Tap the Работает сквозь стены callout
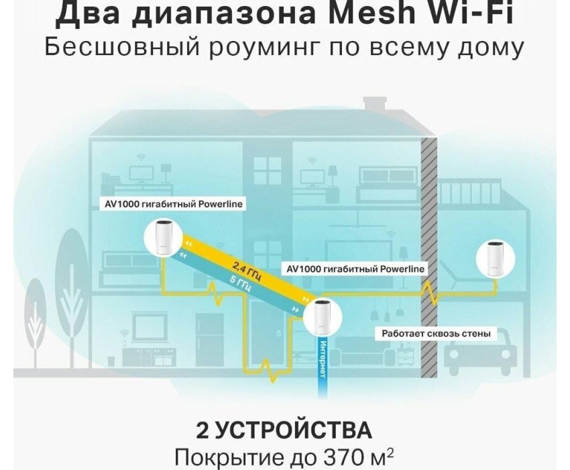coord(436,333)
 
